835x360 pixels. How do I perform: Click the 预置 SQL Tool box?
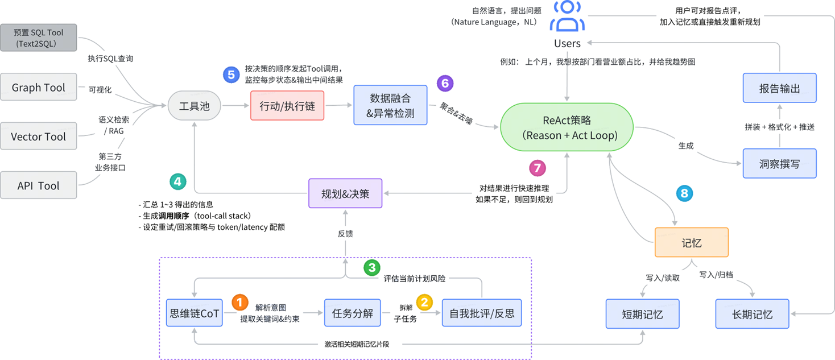pyautogui.click(x=38, y=38)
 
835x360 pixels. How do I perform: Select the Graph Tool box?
pyautogui.click(x=38, y=88)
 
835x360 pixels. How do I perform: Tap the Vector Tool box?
pyautogui.click(x=38, y=136)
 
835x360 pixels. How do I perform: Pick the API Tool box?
pyautogui.click(x=38, y=186)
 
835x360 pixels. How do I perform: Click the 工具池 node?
pyautogui.click(x=195, y=106)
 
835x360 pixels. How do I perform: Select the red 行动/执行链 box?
pyautogui.click(x=287, y=106)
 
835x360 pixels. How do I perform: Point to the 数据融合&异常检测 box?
pyautogui.click(x=390, y=105)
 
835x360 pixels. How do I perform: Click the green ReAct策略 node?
pyautogui.click(x=567, y=128)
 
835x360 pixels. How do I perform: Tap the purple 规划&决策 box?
pyautogui.click(x=345, y=193)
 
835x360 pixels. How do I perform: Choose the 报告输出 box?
pyautogui.click(x=779, y=88)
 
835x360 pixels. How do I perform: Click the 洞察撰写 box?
pyautogui.click(x=779, y=164)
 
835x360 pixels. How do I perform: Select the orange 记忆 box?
pyautogui.click(x=691, y=242)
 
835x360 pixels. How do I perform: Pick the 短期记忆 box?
pyautogui.click(x=642, y=314)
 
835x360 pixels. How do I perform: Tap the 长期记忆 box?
pyautogui.click(x=752, y=314)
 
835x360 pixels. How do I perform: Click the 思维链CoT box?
pyautogui.click(x=195, y=313)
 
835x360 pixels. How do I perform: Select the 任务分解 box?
pyautogui.click(x=352, y=313)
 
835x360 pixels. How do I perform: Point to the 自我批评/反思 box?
pyautogui.click(x=481, y=313)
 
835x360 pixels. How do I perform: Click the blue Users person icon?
pyautogui.click(x=567, y=16)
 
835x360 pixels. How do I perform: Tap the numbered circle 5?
pyautogui.click(x=231, y=75)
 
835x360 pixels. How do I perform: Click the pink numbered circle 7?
pyautogui.click(x=537, y=168)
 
